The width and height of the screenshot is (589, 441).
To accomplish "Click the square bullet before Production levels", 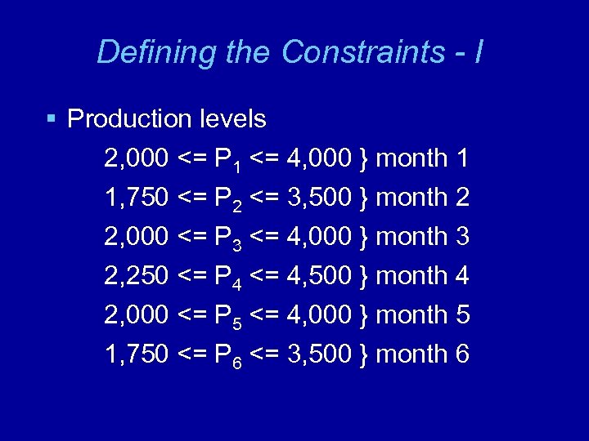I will [x=52, y=119].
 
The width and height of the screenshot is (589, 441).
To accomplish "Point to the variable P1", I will [x=227, y=159].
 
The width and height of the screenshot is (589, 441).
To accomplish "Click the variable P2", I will [x=227, y=198].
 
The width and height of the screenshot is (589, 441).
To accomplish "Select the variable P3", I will [x=227, y=238].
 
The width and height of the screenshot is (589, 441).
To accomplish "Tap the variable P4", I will [x=227, y=277].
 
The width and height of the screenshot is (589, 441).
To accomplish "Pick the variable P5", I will [x=227, y=316].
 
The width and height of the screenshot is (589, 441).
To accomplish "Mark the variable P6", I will [x=227, y=355].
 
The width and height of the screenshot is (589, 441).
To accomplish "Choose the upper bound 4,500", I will [x=320, y=276].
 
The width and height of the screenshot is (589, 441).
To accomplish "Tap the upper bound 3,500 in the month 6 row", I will [x=320, y=354].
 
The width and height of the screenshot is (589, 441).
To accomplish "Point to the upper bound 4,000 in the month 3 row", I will [x=320, y=237].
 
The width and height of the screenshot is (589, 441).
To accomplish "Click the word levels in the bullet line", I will [x=232, y=119].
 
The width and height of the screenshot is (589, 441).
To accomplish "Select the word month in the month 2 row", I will [x=411, y=198].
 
